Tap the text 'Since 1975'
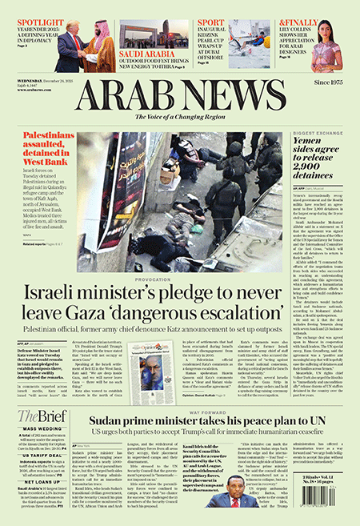(x=331, y=82)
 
